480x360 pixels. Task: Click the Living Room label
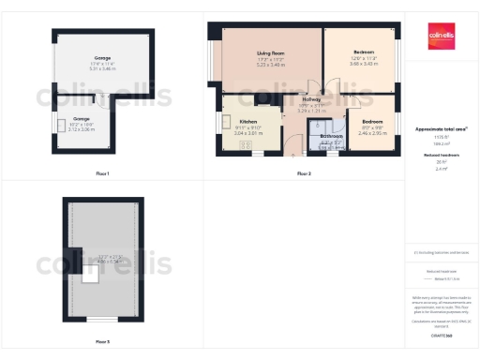[x=270, y=53]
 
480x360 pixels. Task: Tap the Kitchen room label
[x=247, y=122]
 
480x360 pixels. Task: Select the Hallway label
[x=311, y=99]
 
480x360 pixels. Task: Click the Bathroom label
[x=331, y=137]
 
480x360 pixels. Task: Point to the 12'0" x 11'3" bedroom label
[x=364, y=51]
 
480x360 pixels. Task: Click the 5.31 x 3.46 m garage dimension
[x=102, y=69]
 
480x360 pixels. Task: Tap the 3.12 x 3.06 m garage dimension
[x=82, y=129]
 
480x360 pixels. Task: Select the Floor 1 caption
[x=102, y=174]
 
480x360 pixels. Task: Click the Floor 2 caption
[x=304, y=174]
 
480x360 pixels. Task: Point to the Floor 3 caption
[x=102, y=342]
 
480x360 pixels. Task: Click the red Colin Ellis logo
[x=442, y=34]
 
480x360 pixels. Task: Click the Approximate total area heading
[x=441, y=128]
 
